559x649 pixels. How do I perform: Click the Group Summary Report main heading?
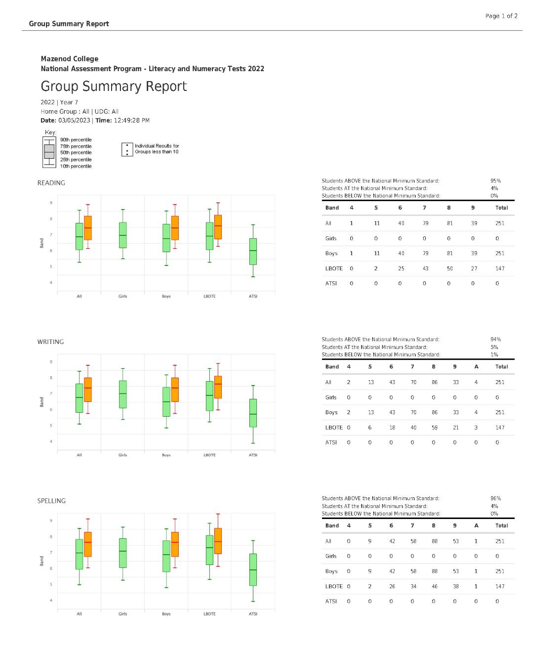coord(114,87)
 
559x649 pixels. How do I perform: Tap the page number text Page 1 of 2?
coord(501,16)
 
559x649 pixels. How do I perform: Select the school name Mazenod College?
coord(70,59)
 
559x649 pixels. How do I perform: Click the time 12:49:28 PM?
coord(131,121)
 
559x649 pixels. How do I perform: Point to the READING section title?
coord(51,183)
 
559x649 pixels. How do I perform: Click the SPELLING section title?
coord(51,501)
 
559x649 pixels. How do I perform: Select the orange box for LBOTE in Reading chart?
coord(218,227)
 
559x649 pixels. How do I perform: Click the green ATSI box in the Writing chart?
coord(253,413)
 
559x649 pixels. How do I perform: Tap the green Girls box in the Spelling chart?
coord(122,553)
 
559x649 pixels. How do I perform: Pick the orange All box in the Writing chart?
coord(87,389)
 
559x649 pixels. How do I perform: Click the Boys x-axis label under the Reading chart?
coord(166,297)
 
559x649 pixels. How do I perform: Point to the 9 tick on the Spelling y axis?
coord(51,520)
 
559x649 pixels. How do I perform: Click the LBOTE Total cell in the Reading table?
coord(500,268)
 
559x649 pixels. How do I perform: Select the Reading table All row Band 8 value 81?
coord(449,223)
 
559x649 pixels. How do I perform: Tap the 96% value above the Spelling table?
coord(495,498)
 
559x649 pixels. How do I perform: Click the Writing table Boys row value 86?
coord(435,412)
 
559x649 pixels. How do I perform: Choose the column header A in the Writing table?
coord(476,367)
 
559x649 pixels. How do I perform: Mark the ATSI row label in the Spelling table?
coord(331,602)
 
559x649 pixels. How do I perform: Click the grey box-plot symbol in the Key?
coord(49,152)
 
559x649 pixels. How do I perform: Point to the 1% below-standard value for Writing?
coord(494,354)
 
